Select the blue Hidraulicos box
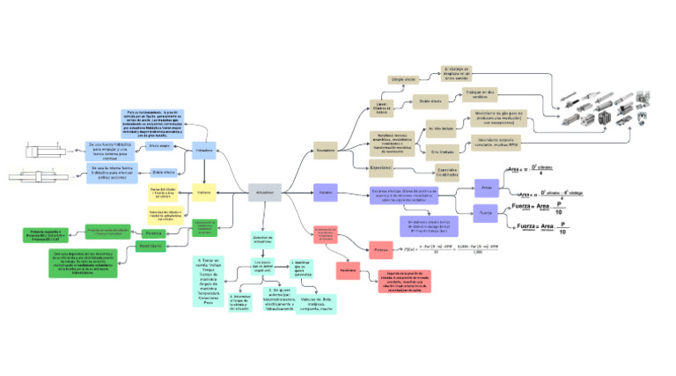(204, 150)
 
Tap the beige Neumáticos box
(326, 151)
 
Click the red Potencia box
(380, 250)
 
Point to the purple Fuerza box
(486, 212)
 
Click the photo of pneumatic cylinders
(606, 106)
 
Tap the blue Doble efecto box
(165, 172)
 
